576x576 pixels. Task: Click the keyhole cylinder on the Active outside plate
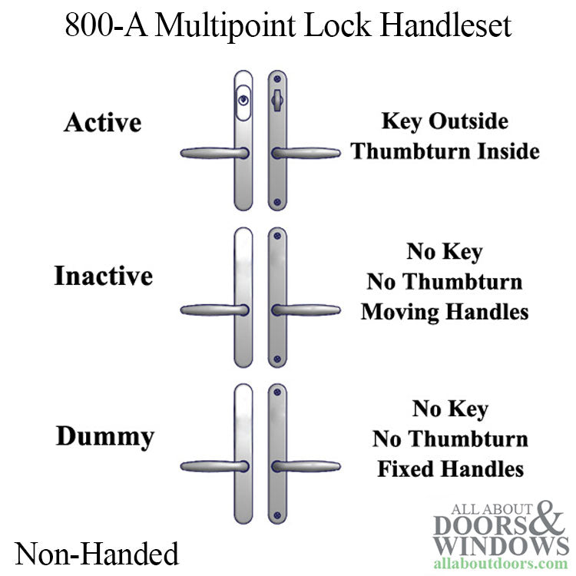pyautogui.click(x=243, y=101)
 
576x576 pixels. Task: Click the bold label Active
pyautogui.click(x=102, y=122)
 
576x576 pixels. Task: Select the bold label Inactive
pyautogui.click(x=103, y=276)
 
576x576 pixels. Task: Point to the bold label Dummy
pyautogui.click(x=104, y=437)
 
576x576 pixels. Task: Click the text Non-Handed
pyautogui.click(x=96, y=553)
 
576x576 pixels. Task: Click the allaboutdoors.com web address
pyautogui.click(x=501, y=564)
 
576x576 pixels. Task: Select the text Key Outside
pyautogui.click(x=445, y=121)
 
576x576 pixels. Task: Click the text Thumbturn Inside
pyautogui.click(x=445, y=151)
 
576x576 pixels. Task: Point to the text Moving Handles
pyautogui.click(x=445, y=312)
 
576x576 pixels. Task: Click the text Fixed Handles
pyautogui.click(x=450, y=468)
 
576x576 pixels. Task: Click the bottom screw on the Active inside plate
pyautogui.click(x=277, y=202)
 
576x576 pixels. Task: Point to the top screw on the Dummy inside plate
pyautogui.click(x=277, y=394)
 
